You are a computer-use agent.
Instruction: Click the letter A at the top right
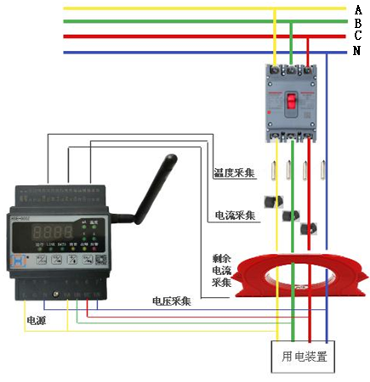coord(358,8)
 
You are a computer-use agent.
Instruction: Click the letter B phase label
coord(358,23)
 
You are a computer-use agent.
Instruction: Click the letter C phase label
coord(358,37)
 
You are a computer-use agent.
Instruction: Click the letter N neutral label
coord(358,51)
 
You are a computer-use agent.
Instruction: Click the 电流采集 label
coord(235,215)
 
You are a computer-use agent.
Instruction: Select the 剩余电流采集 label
coord(222,269)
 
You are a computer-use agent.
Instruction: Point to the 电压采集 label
coord(171,301)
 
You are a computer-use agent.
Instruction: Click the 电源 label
coord(36,322)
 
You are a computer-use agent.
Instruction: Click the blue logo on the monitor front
coord(16,265)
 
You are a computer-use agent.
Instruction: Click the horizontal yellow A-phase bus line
coord(170,8)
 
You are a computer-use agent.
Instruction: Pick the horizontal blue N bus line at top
coord(170,52)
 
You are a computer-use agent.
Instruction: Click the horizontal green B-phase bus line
coord(170,23)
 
